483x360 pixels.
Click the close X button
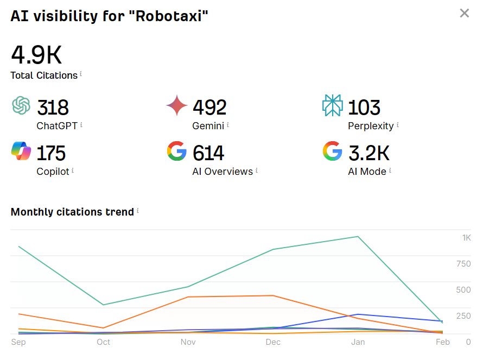(464, 13)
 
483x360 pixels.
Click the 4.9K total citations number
(36, 55)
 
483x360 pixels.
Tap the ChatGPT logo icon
(21, 105)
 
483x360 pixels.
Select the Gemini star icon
(177, 105)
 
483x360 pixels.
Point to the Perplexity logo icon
(332, 105)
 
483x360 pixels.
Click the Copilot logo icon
(21, 151)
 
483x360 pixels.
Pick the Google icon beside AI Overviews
(177, 151)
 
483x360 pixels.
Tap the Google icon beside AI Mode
(332, 151)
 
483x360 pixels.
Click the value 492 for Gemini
(209, 108)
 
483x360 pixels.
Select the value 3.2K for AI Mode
(368, 153)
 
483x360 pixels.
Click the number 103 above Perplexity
(364, 108)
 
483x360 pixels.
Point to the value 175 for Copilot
(51, 153)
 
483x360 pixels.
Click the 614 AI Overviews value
(208, 153)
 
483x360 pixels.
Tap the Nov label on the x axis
(188, 342)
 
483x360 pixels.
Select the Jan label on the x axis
(358, 342)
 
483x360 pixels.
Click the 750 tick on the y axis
(463, 264)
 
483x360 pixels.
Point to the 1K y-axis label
(467, 238)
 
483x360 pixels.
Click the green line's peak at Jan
(358, 236)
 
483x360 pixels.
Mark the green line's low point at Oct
(103, 305)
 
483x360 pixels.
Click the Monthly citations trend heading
(72, 212)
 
